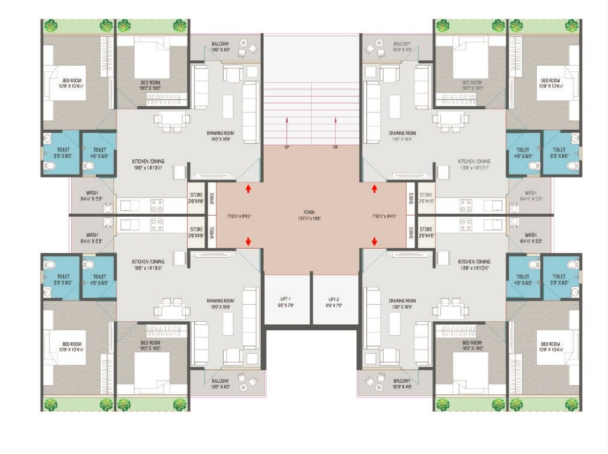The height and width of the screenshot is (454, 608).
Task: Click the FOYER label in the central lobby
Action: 311,213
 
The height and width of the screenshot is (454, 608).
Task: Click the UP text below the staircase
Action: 287,147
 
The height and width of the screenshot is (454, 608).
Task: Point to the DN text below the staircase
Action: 335,147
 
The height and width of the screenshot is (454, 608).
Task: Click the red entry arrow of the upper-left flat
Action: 248,189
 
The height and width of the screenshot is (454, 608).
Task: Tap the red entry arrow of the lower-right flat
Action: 374,241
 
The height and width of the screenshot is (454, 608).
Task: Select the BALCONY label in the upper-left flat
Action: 220,44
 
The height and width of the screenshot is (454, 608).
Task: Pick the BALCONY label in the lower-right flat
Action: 402,381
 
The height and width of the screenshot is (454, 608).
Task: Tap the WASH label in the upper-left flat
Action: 92,193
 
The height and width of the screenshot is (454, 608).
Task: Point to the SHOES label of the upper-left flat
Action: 211,199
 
